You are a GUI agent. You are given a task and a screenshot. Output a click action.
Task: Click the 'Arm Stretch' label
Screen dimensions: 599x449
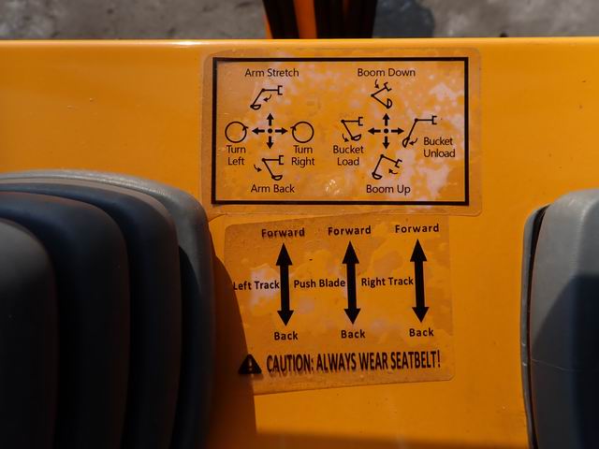271,73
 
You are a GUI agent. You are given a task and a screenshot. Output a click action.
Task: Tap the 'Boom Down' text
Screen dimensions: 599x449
387,72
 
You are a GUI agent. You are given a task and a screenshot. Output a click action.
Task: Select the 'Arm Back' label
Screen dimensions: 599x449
272,189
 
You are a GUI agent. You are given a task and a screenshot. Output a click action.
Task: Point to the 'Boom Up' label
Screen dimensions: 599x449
388,189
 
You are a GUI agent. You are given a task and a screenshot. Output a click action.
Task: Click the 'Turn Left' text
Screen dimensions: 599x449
236,155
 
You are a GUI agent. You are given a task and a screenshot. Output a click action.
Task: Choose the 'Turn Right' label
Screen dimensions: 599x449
303,155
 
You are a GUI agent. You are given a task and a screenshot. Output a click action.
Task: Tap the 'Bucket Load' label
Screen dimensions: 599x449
348,155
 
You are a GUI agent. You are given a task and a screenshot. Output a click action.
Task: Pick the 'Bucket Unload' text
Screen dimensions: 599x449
439,148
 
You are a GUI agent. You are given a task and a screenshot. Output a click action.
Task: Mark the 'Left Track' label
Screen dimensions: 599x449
256,285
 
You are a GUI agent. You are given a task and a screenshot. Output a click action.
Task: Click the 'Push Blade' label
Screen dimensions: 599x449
319,283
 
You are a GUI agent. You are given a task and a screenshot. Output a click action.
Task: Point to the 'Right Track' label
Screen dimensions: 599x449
387,282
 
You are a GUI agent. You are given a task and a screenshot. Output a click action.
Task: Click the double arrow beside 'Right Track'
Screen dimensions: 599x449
419,281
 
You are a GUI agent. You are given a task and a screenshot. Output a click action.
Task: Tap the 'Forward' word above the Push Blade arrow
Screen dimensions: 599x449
349,231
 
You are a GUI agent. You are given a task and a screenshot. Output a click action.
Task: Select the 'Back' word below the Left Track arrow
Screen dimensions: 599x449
285,336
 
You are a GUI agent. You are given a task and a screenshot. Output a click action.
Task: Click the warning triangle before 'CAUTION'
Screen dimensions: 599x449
250,365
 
